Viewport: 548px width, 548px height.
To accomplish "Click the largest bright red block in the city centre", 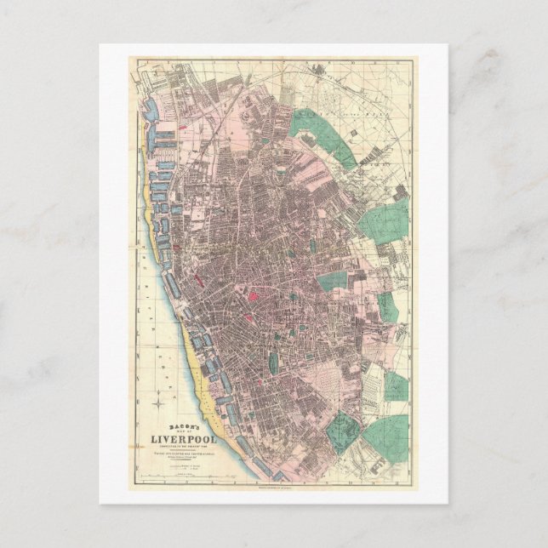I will pyautogui.click(x=254, y=298).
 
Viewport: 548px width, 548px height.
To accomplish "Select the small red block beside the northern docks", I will pyautogui.click(x=175, y=248).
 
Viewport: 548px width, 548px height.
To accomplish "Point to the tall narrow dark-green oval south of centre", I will pyautogui.click(x=273, y=363).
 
